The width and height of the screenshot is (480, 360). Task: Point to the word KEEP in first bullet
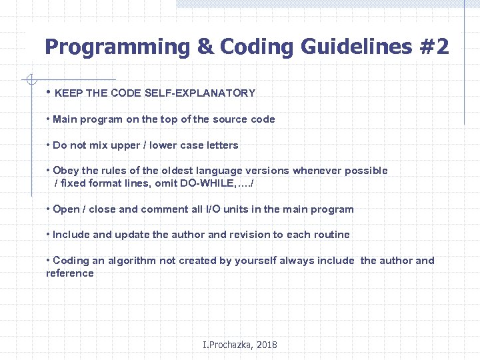point(67,93)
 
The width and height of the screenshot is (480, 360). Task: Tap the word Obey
point(65,171)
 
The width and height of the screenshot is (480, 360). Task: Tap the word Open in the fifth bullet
point(66,209)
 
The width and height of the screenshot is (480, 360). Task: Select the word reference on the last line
point(70,273)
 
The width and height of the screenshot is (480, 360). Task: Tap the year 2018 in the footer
point(266,345)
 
